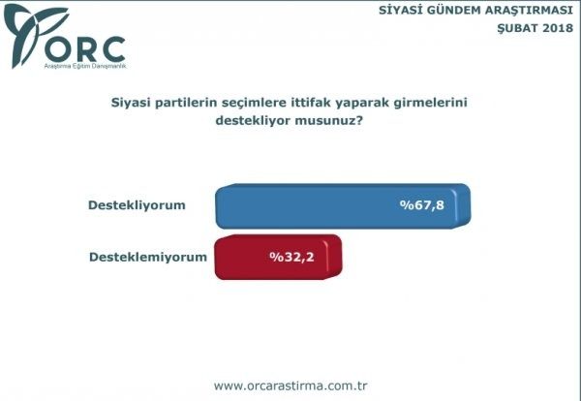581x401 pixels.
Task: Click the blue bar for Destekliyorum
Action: coord(320,205)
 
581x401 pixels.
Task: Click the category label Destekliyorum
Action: coord(137,205)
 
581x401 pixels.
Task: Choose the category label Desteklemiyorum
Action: coord(148,258)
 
